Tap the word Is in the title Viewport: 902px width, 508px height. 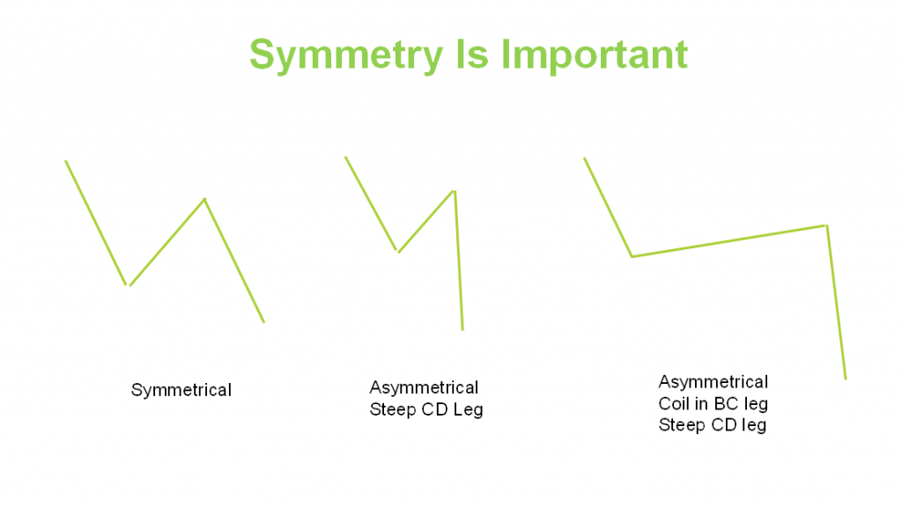point(472,55)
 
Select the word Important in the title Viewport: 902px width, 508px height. point(595,55)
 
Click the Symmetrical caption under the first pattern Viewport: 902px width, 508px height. point(181,391)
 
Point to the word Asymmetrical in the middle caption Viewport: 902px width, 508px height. point(424,388)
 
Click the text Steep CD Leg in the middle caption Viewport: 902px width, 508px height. point(426,409)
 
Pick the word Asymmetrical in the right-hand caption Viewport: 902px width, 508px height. point(713,382)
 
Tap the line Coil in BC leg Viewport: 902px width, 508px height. point(713,404)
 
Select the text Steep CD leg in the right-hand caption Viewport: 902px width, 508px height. point(713,425)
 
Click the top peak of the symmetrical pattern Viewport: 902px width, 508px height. point(204,199)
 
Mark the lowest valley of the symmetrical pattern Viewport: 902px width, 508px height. point(128,284)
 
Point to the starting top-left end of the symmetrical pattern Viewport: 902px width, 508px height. point(65,161)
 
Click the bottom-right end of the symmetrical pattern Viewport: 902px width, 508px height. point(264,322)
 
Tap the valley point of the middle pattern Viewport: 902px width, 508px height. point(397,251)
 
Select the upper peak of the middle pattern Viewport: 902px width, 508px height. point(455,191)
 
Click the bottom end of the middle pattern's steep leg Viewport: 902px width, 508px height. point(462,330)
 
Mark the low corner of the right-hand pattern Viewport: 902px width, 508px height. point(632,256)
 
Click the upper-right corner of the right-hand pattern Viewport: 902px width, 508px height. point(826,225)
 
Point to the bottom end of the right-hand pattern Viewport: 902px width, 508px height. point(846,379)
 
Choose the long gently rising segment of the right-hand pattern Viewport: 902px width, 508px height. point(729,240)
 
